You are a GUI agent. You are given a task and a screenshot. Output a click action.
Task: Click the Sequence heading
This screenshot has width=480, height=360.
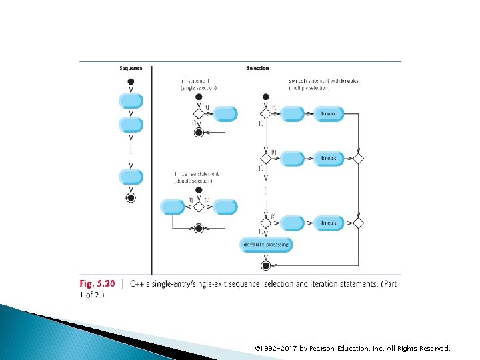[x=131, y=68]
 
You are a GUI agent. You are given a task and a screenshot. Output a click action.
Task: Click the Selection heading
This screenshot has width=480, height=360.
[x=258, y=68]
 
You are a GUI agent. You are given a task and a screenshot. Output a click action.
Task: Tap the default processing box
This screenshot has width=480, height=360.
[x=266, y=245]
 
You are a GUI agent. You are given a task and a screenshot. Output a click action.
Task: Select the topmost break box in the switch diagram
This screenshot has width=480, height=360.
[x=329, y=114]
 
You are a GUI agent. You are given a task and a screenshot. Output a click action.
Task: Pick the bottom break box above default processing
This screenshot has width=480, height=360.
[x=329, y=223]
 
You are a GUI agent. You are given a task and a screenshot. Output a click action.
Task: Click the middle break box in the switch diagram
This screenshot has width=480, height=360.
[x=329, y=159]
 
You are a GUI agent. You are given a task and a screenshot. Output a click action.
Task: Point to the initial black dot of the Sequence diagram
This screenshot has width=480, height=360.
[x=131, y=82]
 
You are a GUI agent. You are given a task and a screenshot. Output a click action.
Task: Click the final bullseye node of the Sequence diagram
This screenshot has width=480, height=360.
[x=131, y=197]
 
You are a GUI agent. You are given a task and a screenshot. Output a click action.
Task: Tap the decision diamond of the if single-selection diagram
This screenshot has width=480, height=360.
[x=198, y=114]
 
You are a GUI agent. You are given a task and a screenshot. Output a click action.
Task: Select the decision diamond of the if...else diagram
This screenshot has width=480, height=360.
[x=198, y=207]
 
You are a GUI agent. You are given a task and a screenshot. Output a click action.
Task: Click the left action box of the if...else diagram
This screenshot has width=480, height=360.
[x=173, y=207]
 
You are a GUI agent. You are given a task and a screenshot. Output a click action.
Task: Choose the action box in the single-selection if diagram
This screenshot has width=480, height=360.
[x=226, y=114]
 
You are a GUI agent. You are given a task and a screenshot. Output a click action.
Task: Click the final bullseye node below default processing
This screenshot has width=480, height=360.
[x=265, y=265]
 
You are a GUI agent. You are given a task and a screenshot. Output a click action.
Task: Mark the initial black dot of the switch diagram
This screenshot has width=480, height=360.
[x=265, y=97]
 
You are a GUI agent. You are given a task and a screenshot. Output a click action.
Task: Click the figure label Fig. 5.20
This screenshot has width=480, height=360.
[x=97, y=283]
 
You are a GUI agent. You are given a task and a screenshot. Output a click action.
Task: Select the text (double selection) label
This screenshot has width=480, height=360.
[x=195, y=181]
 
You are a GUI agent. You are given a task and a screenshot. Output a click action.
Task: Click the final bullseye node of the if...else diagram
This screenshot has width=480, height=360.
[x=198, y=228]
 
